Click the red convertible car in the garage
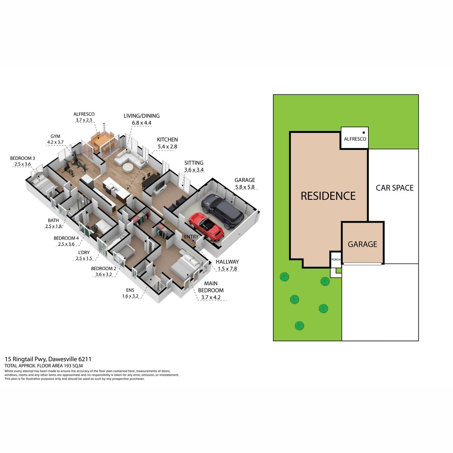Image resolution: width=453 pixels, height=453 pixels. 206,226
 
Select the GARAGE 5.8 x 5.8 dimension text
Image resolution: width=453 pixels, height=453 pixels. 245,187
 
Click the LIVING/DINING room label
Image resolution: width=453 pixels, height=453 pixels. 142,116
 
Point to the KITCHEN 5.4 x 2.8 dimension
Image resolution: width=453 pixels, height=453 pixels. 167,146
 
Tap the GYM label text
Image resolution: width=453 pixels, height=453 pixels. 55,136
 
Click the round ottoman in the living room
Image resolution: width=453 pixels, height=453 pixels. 128,168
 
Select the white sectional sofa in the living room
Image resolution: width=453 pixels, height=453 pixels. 131,159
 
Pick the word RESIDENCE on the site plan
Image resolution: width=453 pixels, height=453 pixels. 328,196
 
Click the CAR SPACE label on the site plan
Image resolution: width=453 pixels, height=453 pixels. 394,188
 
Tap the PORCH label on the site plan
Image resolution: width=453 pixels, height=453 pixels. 336,259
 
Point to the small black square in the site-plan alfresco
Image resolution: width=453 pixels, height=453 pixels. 364,133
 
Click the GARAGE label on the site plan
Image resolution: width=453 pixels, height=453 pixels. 362,244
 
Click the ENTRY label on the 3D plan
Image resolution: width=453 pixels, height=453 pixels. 191,237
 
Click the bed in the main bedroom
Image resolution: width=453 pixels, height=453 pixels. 186,265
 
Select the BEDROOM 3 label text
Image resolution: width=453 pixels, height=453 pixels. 23,158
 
